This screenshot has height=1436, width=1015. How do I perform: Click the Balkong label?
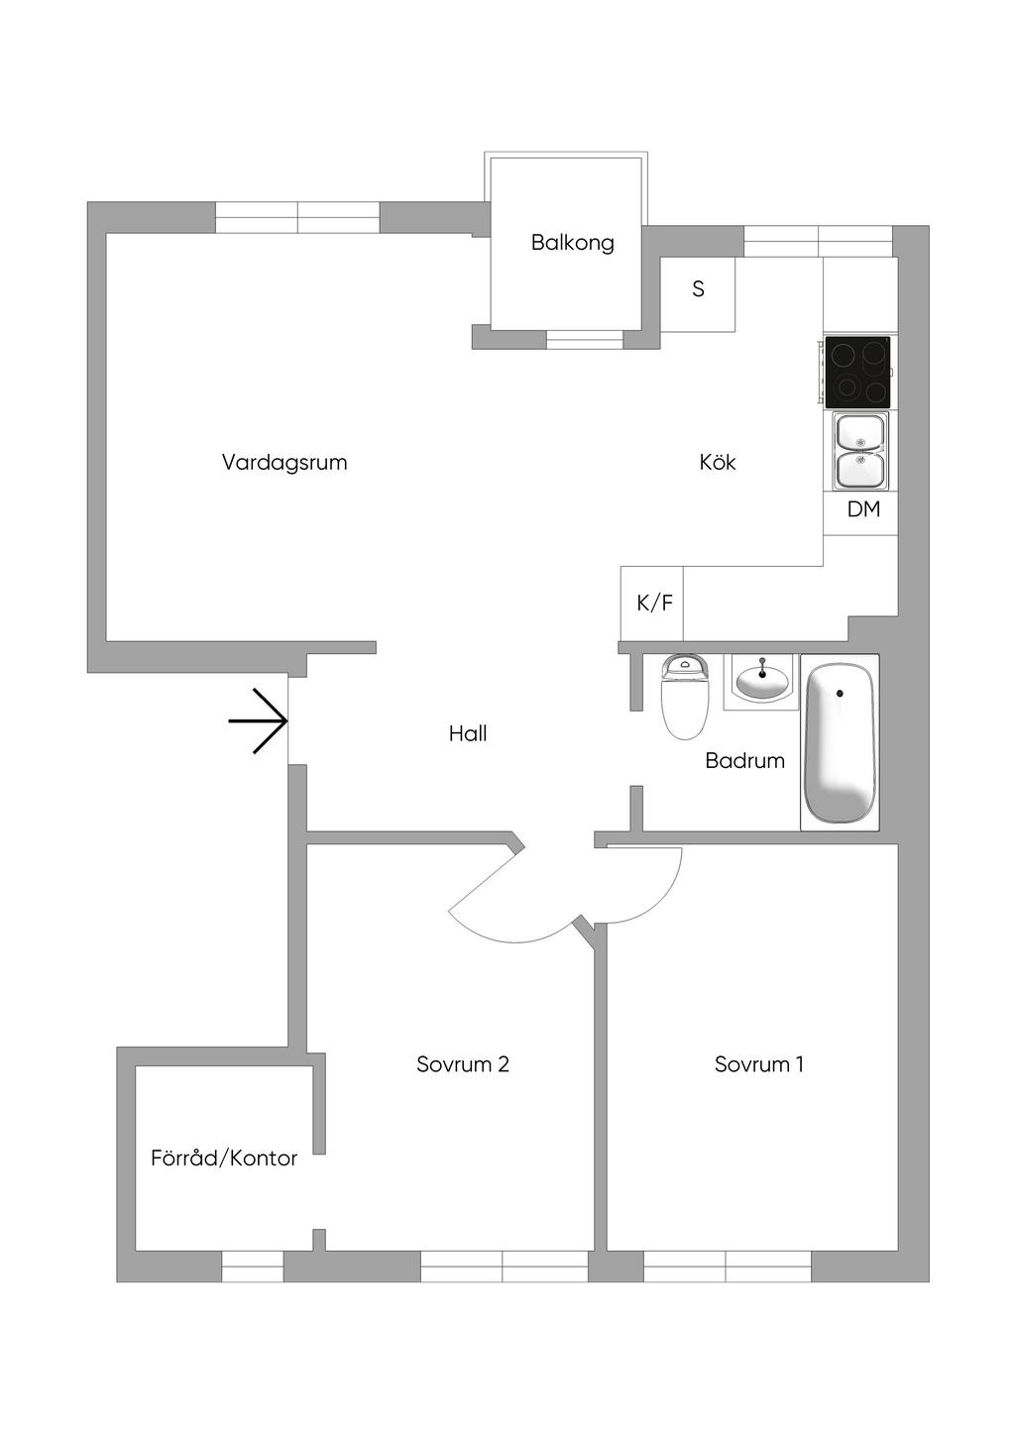click(x=572, y=243)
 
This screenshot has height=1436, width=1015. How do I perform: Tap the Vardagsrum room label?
click(x=284, y=462)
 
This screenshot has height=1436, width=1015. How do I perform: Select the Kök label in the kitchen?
click(x=717, y=462)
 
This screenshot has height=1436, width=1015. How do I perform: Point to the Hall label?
click(x=468, y=733)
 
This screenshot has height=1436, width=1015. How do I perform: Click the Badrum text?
click(x=744, y=760)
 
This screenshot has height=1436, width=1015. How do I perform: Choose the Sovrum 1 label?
click(x=758, y=1064)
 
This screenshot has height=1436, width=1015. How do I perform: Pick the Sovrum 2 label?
click(x=463, y=1064)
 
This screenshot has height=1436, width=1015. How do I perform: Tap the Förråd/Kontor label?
click(x=224, y=1158)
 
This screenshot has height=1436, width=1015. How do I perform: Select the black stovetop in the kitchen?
click(x=857, y=372)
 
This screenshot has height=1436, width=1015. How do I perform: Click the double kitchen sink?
click(x=860, y=451)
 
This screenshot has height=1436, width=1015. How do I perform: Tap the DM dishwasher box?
click(x=862, y=510)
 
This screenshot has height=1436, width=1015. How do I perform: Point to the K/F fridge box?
click(x=653, y=603)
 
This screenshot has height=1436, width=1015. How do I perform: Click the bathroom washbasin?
click(x=761, y=681)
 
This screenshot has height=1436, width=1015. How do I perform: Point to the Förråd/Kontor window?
click(x=252, y=1266)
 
